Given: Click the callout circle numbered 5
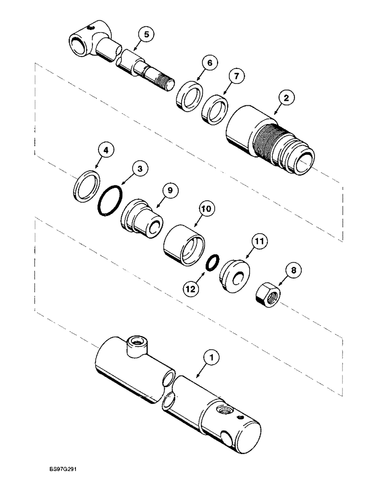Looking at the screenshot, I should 145,35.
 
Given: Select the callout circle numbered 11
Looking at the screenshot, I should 260,242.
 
